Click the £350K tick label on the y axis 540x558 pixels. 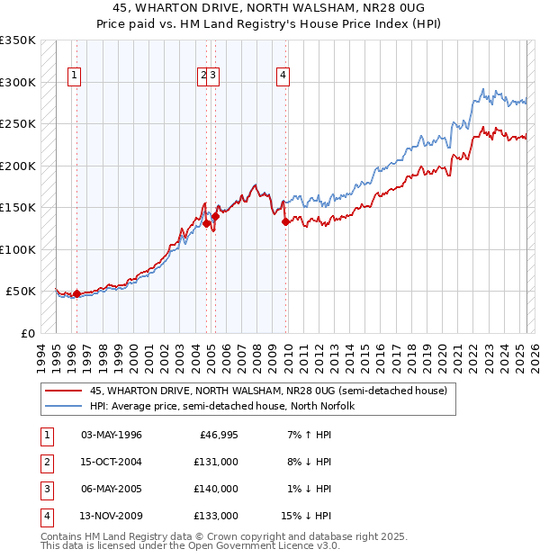tap(18, 40)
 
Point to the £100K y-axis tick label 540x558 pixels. tap(18, 249)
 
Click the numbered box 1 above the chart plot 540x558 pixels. tap(72, 76)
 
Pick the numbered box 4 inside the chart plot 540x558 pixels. tap(283, 76)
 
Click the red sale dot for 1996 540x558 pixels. tap(76, 293)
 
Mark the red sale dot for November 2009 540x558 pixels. tap(285, 221)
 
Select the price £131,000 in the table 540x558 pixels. tap(216, 462)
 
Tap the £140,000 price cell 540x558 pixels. tap(216, 489)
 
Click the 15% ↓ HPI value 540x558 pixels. tap(306, 516)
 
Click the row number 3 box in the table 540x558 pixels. tap(45, 489)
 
